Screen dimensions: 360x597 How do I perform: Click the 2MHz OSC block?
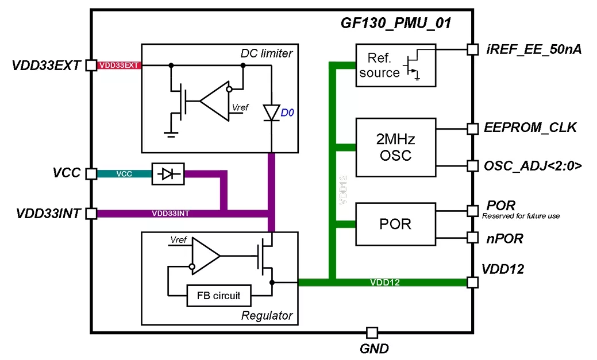pos(395,147)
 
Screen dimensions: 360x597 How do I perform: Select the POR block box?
pos(395,223)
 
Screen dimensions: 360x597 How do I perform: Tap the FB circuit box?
pos(219,296)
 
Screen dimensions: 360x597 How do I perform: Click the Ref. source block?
pos(395,65)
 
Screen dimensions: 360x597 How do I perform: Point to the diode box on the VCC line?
pos(168,173)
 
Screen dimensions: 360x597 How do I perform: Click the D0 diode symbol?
pos(271,113)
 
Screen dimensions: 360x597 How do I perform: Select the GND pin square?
pos(372,332)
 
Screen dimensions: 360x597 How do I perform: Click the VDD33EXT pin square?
pos(91,65)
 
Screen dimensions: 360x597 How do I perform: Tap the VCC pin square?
pos(91,173)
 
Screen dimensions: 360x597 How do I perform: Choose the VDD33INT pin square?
pos(91,214)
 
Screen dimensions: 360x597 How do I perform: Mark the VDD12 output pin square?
pos(472,282)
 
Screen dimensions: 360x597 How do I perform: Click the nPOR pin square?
pos(472,237)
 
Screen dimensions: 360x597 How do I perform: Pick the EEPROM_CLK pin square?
pos(472,129)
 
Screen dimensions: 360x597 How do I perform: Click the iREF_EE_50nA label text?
pos(534,50)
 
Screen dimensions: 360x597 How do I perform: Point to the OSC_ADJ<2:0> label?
pos(533,167)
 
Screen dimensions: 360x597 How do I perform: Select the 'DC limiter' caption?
pos(266,53)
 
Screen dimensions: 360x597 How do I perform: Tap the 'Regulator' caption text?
pos(267,315)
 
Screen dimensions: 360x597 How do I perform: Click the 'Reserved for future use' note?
pos(521,216)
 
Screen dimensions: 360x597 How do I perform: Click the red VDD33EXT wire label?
pos(119,65)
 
